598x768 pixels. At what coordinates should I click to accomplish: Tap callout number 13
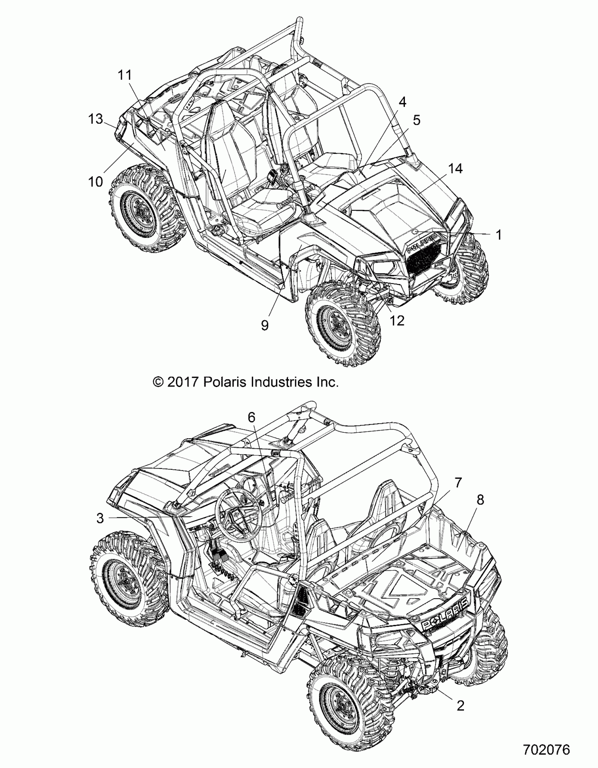(95, 119)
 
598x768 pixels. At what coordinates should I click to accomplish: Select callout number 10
(95, 182)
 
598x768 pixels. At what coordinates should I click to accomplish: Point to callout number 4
(402, 102)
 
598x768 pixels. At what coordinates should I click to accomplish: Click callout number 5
(416, 120)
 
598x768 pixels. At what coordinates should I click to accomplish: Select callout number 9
(265, 325)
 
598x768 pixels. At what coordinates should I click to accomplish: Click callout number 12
(397, 320)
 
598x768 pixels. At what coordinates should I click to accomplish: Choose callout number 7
(458, 483)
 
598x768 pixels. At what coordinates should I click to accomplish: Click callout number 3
(100, 518)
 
